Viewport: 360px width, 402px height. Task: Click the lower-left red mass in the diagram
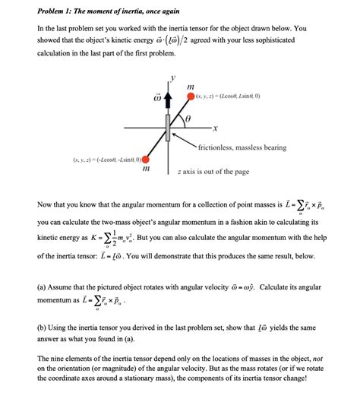point(145,160)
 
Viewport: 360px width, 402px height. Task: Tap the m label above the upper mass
point(191,86)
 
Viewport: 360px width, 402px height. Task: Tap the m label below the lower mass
point(145,173)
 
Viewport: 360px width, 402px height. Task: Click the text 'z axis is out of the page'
point(213,173)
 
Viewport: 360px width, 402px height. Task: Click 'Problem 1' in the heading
point(58,11)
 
